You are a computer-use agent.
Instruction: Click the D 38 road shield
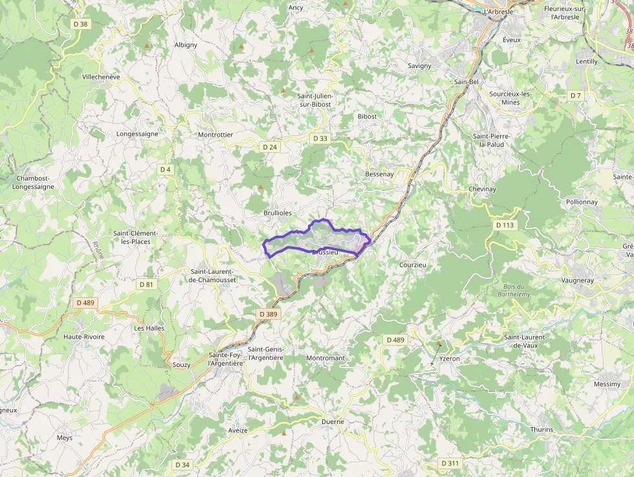click(x=80, y=24)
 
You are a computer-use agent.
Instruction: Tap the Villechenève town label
click(x=101, y=76)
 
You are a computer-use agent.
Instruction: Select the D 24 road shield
click(x=270, y=147)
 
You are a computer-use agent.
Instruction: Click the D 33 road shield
click(x=320, y=139)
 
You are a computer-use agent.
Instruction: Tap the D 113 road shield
click(x=506, y=225)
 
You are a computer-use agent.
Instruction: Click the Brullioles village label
click(x=278, y=213)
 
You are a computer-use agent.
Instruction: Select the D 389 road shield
click(x=268, y=314)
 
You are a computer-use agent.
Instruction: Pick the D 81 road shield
click(x=146, y=284)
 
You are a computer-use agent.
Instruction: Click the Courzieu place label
click(x=413, y=265)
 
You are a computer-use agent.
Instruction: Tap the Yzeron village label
click(x=449, y=357)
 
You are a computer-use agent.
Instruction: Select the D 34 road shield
click(x=182, y=465)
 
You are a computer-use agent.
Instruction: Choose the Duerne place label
click(x=333, y=422)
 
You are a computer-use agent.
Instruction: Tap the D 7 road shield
click(x=576, y=95)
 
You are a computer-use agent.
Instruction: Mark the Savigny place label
click(x=420, y=65)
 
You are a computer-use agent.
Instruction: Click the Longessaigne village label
click(x=137, y=134)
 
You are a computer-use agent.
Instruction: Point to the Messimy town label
click(x=607, y=384)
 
